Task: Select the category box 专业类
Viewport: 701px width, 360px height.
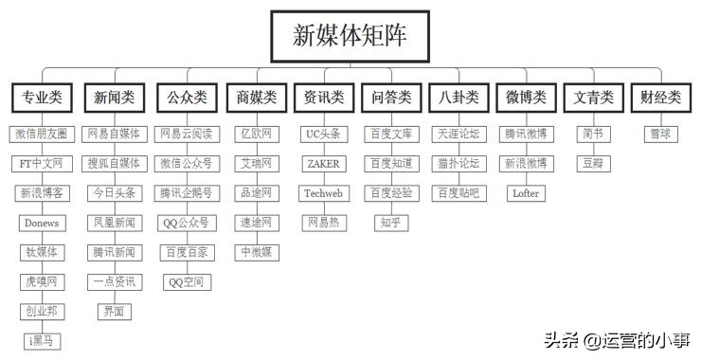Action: [x=42, y=98]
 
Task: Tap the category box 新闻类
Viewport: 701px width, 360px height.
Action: [x=115, y=98]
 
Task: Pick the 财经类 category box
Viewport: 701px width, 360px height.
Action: [x=660, y=98]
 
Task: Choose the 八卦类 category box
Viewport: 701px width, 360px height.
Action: [x=458, y=98]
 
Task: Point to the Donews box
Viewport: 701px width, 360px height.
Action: [x=42, y=223]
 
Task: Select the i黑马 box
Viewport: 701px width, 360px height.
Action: [x=42, y=340]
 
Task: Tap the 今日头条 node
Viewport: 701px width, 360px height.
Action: [x=115, y=193]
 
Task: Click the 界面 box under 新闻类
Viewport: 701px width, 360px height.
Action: [x=115, y=311]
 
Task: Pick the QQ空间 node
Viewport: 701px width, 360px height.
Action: [x=187, y=281]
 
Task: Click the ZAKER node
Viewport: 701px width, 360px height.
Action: [x=323, y=164]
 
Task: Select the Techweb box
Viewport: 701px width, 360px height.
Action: [x=323, y=193]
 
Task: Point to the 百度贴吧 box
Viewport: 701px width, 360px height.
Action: [x=458, y=193]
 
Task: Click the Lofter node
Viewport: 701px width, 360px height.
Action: [x=526, y=193]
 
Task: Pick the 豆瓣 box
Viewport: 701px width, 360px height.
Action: [x=593, y=164]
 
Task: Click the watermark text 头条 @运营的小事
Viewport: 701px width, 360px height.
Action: [x=617, y=338]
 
